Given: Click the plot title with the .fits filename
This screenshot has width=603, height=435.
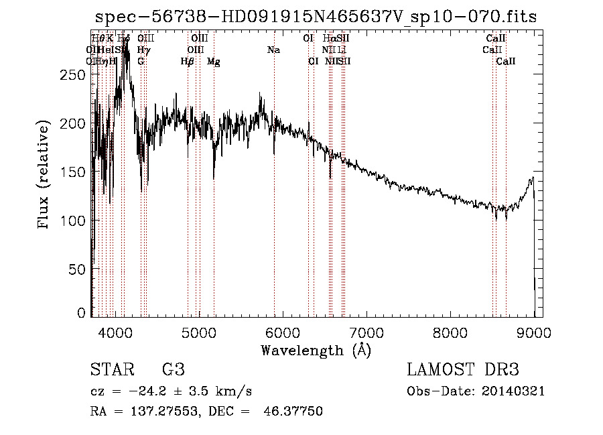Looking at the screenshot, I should click(316, 17).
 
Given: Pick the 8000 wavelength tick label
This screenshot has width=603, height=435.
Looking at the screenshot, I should click(450, 331).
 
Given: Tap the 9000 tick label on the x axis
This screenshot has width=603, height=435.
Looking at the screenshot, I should click(533, 331).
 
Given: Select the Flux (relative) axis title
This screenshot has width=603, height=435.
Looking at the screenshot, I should click(44, 176).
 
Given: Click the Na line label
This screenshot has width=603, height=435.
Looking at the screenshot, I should click(273, 50).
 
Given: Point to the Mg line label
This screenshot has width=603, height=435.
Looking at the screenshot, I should click(213, 62).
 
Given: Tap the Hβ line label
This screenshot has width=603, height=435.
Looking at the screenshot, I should click(188, 62).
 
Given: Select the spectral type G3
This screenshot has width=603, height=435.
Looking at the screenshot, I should click(173, 369).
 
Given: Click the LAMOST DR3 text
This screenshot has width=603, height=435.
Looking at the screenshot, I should click(463, 369).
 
